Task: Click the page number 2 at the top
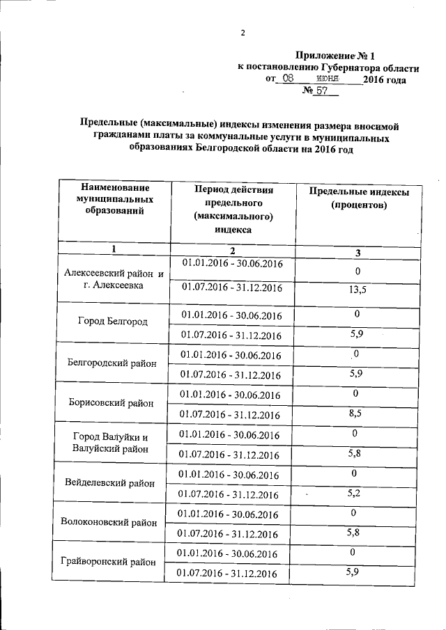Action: pos(243,32)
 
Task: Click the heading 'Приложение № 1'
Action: pos(334,55)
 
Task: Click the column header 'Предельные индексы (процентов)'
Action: pos(358,199)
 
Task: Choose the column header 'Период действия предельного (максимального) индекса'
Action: pos(233,209)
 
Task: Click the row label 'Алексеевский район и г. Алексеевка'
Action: pos(113,279)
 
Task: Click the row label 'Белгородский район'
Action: pos(113,362)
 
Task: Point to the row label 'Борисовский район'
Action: pos(113,403)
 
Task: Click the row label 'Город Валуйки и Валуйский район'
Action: pos(111,443)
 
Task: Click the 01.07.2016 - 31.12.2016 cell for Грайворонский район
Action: pos(228,574)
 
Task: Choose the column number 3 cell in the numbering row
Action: pos(357,251)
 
